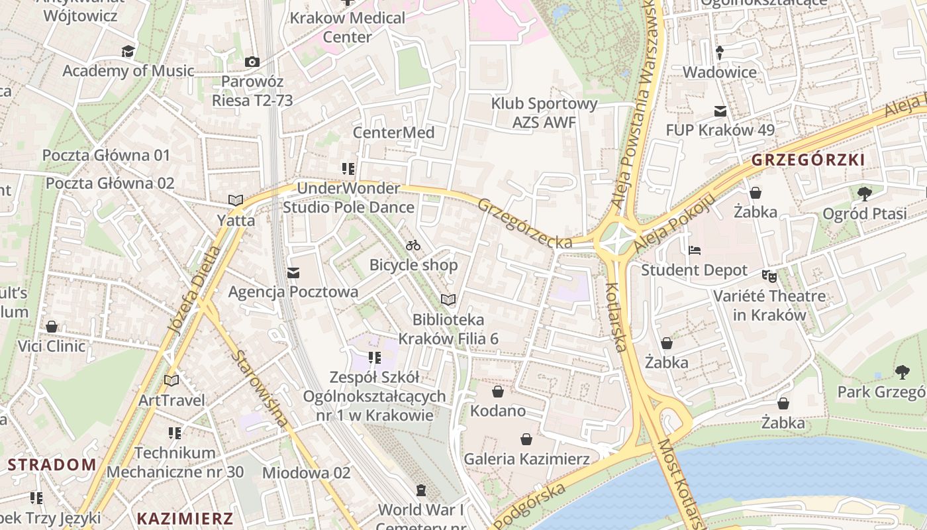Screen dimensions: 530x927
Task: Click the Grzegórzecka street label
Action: click(x=525, y=224)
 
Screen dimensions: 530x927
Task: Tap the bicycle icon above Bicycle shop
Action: click(x=414, y=246)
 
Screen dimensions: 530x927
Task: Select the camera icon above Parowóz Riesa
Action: click(x=252, y=62)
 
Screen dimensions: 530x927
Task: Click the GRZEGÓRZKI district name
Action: click(x=808, y=160)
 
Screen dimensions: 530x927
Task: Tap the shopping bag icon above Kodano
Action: click(x=498, y=392)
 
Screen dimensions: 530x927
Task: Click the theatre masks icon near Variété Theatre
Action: click(x=769, y=275)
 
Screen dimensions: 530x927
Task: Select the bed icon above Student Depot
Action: click(x=695, y=250)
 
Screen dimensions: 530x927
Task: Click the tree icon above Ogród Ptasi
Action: click(x=864, y=193)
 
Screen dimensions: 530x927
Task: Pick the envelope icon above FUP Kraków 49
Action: click(x=720, y=111)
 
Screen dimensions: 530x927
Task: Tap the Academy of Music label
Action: click(x=128, y=71)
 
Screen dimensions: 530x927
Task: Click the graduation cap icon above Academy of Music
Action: click(x=128, y=51)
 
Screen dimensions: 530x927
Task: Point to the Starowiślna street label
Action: click(x=260, y=388)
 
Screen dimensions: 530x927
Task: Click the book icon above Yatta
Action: click(x=235, y=200)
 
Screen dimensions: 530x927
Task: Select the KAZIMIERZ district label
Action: click(x=185, y=518)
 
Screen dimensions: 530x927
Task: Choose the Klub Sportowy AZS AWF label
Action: click(x=544, y=113)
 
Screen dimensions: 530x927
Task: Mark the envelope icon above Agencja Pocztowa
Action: click(x=293, y=272)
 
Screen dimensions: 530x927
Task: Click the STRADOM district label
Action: click(x=52, y=464)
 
